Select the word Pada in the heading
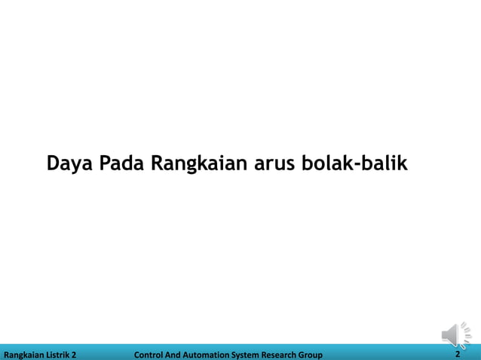(124, 163)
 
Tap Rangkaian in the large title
(198, 163)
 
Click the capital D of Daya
(54, 163)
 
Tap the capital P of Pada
(106, 163)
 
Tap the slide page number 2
(458, 354)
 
